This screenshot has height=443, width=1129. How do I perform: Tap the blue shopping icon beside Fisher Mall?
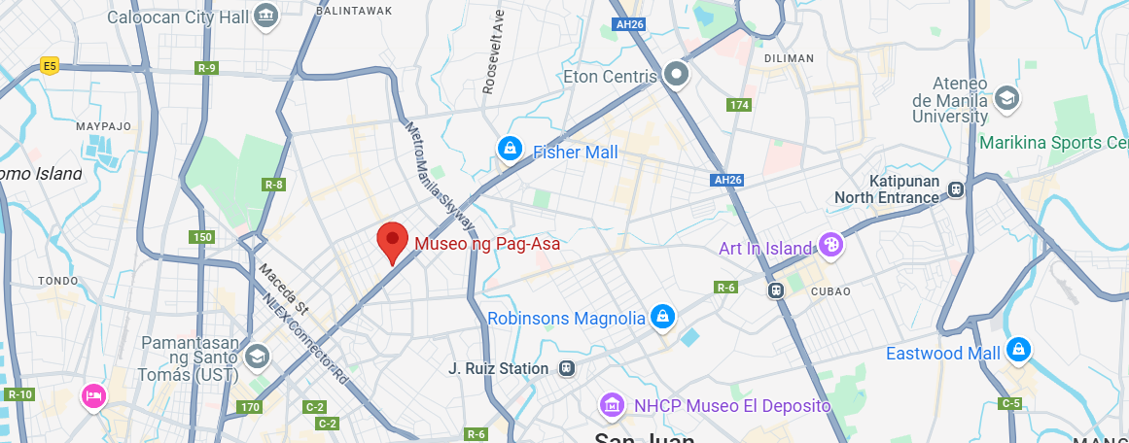509,149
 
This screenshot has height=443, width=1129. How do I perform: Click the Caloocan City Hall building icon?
265,16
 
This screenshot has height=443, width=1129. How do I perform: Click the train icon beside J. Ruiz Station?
567,368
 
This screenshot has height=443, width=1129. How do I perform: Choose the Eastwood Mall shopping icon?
1018,349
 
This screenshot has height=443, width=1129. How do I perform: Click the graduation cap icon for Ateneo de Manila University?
1006,97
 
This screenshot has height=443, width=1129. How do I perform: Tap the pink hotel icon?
93,396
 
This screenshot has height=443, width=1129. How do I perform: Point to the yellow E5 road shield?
50,66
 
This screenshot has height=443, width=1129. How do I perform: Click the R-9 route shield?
206,68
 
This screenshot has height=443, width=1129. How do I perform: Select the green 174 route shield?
739,104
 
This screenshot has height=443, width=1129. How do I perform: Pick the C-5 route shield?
1010,403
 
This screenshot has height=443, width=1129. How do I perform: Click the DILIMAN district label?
789,58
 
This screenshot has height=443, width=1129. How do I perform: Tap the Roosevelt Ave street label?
492,52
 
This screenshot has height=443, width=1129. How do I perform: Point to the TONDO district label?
56,281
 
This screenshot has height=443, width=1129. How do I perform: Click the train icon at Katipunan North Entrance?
957,189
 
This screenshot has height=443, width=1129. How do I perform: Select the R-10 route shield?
18,393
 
